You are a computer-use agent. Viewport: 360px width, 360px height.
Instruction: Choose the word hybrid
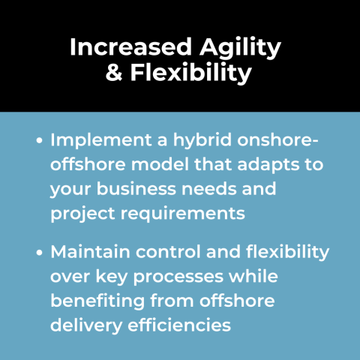[200, 140]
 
